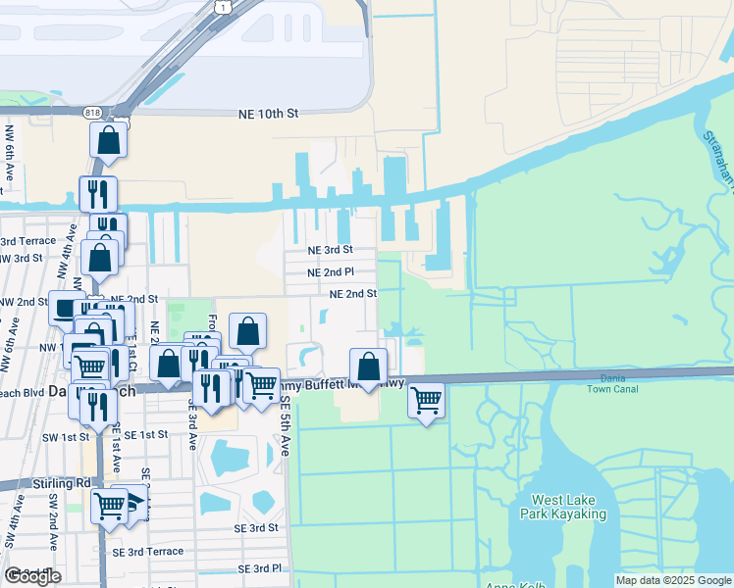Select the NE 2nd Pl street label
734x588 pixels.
[330, 272]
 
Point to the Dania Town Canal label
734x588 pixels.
[613, 383]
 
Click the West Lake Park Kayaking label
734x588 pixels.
[569, 507]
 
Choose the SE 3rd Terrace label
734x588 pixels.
[151, 551]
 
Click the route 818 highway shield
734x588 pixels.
[92, 112]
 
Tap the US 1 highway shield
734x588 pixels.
[225, 7]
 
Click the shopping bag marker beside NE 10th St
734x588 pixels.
[109, 139]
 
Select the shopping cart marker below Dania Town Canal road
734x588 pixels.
[426, 400]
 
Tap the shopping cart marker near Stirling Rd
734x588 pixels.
[109, 507]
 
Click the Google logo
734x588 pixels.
[32, 576]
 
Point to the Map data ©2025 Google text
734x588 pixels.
[672, 580]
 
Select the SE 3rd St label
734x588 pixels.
[256, 527]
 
